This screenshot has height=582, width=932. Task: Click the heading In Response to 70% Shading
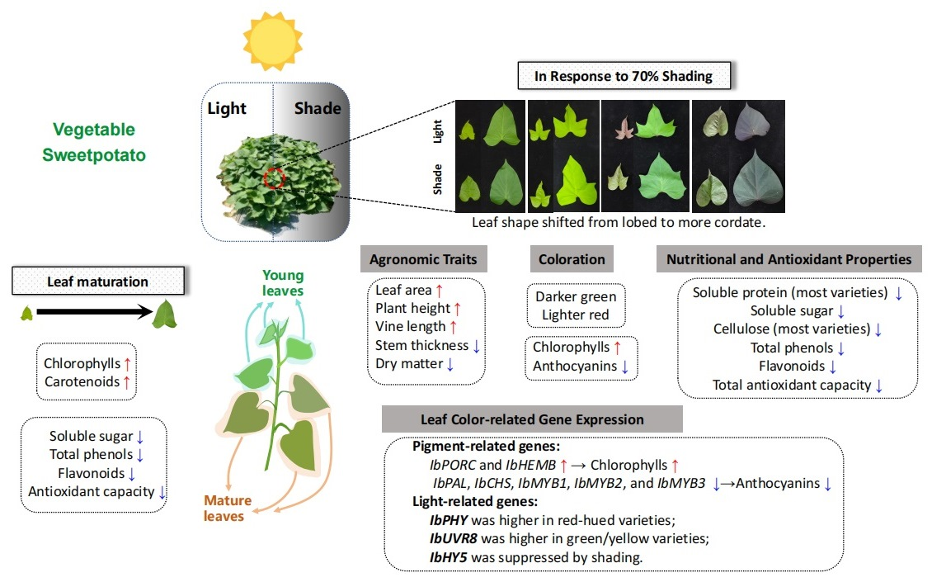[623, 77]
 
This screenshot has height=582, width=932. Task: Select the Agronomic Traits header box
[423, 259]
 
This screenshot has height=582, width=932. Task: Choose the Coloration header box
[572, 259]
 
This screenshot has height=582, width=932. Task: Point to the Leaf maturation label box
[97, 282]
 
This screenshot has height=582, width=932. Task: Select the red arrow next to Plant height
[458, 308]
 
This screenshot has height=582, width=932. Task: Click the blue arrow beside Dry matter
[450, 363]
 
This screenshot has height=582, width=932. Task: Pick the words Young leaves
[283, 283]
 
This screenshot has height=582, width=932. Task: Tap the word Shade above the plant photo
[318, 108]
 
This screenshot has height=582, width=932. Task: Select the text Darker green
[576, 296]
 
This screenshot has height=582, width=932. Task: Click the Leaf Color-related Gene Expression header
[532, 419]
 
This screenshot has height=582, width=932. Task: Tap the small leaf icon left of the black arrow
[27, 312]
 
